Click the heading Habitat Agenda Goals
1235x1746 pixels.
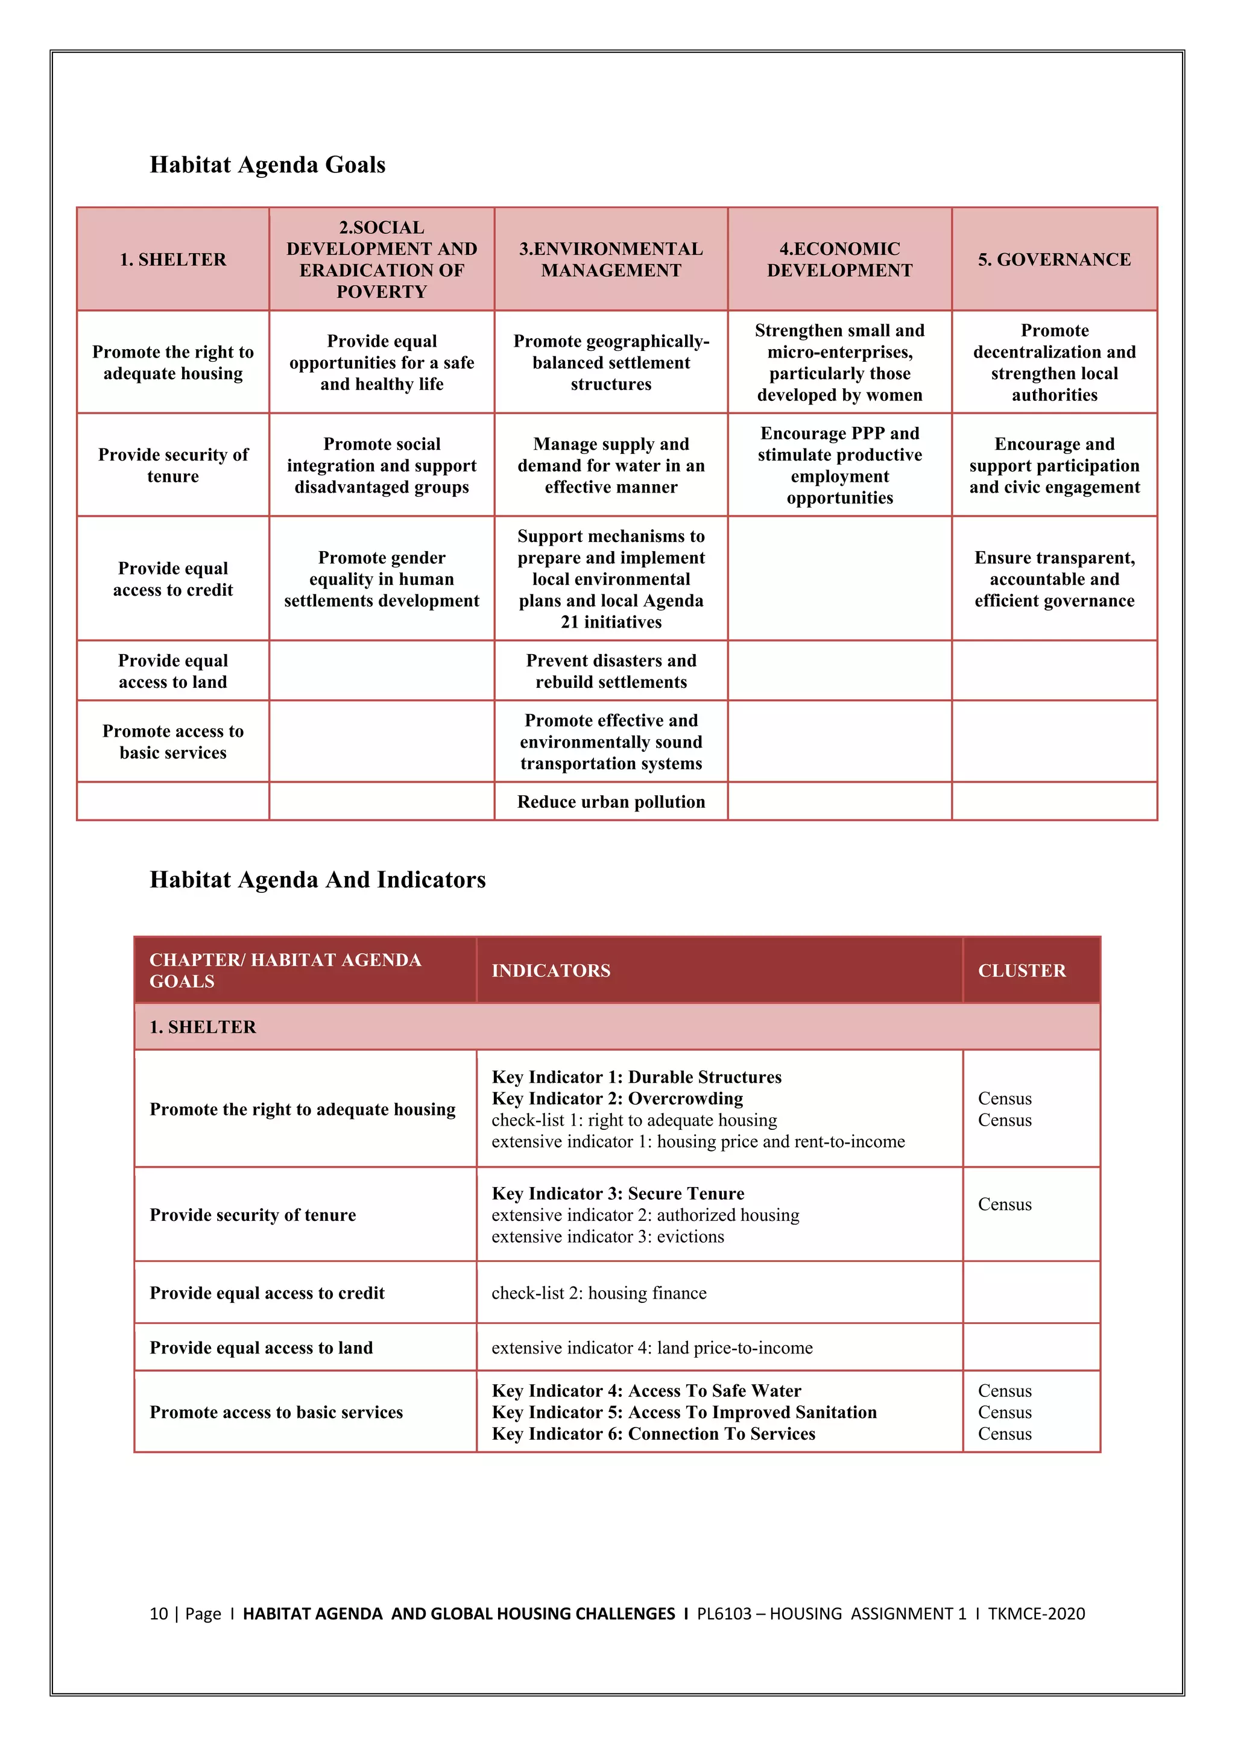click(x=267, y=165)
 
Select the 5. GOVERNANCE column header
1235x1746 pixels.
click(x=1054, y=259)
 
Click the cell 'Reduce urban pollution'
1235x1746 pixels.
click(x=611, y=801)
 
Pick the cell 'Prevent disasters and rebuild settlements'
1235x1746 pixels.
click(x=611, y=670)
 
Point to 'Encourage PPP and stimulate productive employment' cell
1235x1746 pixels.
click(x=839, y=465)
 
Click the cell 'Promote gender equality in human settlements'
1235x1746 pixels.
click(x=381, y=579)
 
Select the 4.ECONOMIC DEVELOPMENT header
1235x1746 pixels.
click(x=839, y=259)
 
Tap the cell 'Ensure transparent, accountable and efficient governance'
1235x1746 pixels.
click(x=1054, y=579)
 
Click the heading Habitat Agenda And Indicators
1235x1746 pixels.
click(x=317, y=880)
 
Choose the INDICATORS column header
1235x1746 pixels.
click(x=551, y=970)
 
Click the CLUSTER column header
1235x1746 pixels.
click(x=1022, y=970)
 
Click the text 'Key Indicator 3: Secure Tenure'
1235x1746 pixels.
click(x=617, y=1193)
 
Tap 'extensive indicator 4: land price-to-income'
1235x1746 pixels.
click(x=652, y=1347)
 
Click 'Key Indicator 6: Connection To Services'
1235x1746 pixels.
click(x=653, y=1434)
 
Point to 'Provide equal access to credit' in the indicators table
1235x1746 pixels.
click(x=267, y=1293)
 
